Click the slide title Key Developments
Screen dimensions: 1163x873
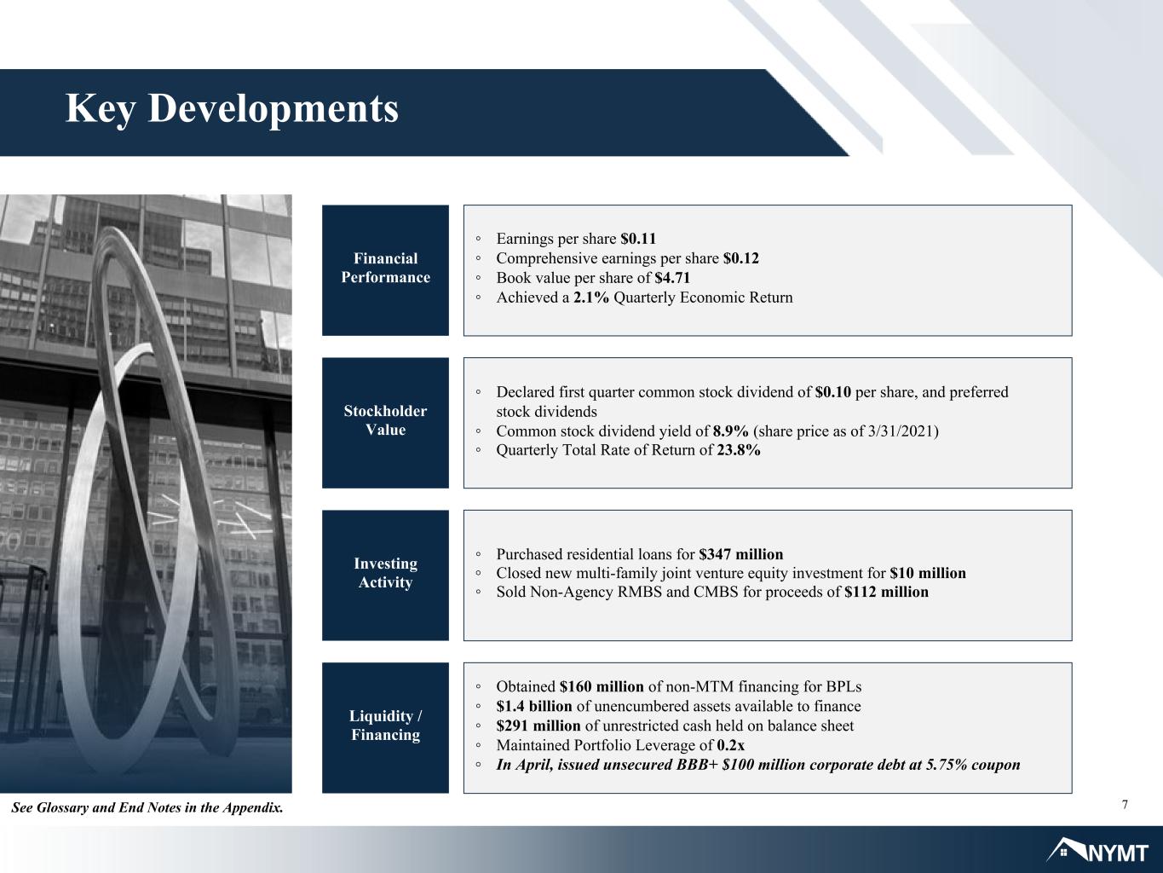coord(232,109)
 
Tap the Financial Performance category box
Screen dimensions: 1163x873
coord(385,270)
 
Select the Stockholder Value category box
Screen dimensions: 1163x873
coord(385,423)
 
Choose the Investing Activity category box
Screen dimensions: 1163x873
coord(385,575)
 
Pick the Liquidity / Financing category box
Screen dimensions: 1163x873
coord(385,728)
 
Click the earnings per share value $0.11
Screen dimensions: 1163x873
coord(638,239)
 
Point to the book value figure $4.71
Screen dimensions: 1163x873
coord(672,278)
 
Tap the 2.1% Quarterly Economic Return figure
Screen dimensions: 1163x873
coord(590,298)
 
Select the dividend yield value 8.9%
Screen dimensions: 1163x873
coord(730,431)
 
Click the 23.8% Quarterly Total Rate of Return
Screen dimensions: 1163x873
coord(739,450)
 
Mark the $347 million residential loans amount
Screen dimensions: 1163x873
coord(740,554)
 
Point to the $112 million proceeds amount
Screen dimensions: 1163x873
coord(886,592)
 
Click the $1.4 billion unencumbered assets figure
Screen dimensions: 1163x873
coord(534,707)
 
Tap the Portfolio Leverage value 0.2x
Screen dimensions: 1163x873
coord(731,746)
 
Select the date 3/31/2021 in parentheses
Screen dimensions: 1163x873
coord(901,431)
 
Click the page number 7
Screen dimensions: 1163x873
coord(1125,805)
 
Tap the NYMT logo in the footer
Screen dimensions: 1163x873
coord(1097,851)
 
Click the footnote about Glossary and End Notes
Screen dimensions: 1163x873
coord(147,808)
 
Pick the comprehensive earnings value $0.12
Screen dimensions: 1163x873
coord(740,258)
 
